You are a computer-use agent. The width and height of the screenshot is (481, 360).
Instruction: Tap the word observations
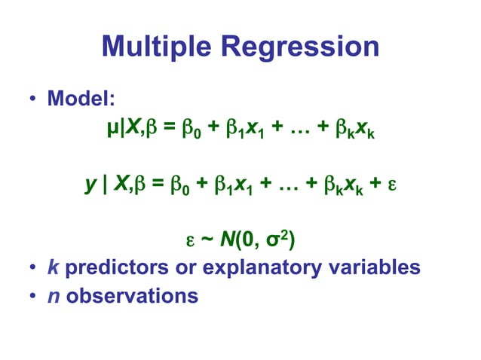[x=132, y=295]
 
